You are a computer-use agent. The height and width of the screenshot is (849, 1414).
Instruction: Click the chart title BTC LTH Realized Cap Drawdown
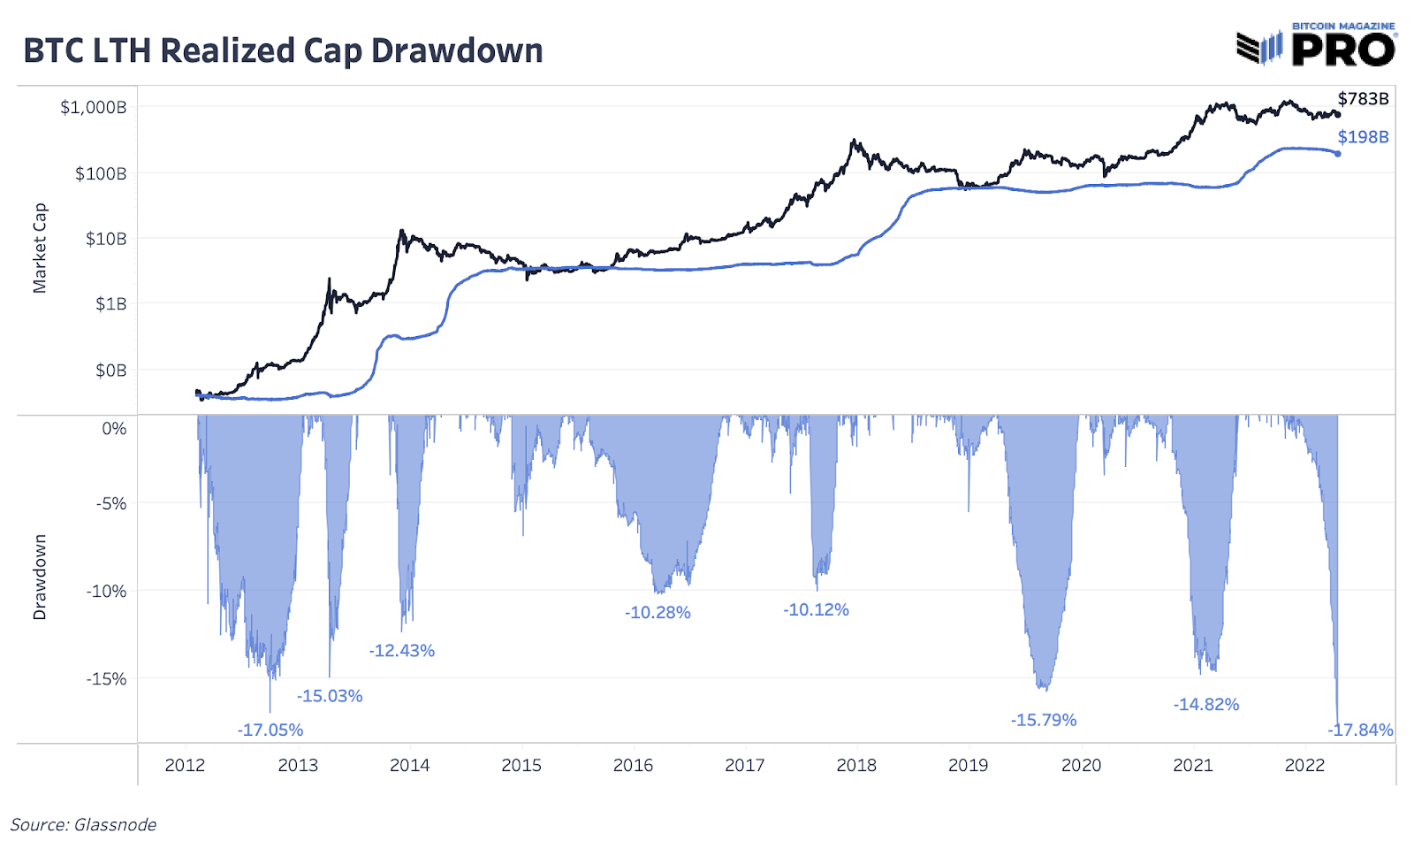(283, 50)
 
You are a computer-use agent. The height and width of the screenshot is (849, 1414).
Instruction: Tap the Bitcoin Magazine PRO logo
(1316, 45)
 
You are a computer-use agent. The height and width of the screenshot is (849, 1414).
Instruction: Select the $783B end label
(1363, 98)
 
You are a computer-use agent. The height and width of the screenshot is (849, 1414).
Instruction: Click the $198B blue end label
(1363, 137)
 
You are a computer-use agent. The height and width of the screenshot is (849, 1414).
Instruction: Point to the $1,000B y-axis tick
(93, 107)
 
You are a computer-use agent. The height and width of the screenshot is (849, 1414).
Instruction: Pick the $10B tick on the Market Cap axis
(105, 239)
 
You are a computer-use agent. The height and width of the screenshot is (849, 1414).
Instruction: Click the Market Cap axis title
(40, 248)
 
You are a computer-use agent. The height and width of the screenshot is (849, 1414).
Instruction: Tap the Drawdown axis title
(40, 577)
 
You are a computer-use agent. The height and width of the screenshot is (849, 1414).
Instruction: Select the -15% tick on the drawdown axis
(106, 678)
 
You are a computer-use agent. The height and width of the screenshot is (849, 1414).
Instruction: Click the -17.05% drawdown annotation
(270, 730)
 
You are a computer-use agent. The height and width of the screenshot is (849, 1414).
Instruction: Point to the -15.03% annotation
(330, 696)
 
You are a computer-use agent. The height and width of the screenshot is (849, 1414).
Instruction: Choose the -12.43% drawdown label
(402, 651)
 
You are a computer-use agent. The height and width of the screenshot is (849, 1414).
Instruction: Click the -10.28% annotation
(658, 612)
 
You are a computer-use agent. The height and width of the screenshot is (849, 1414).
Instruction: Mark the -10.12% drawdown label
(816, 609)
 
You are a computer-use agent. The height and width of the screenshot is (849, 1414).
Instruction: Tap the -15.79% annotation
(1044, 720)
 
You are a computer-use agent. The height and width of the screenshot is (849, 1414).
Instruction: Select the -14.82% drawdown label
(1206, 704)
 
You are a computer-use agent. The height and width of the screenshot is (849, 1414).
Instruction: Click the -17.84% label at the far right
(1361, 730)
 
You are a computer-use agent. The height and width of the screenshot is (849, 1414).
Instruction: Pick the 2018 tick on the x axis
(856, 765)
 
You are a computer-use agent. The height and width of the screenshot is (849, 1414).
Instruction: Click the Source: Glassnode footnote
(83, 824)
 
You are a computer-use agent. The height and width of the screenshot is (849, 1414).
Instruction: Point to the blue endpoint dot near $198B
(1337, 154)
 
